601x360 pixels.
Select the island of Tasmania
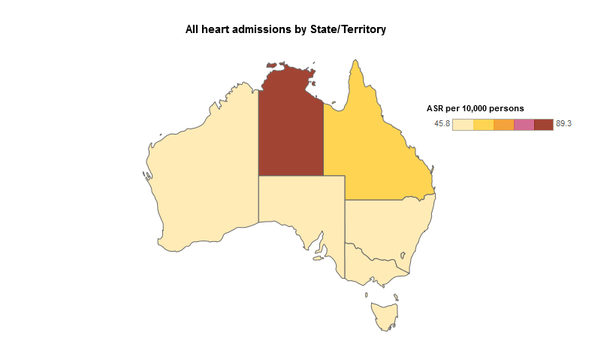point(384,315)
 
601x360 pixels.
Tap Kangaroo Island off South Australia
point(318,259)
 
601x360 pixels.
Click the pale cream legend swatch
point(463,124)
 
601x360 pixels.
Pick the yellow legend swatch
point(483,124)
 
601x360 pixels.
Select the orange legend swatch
point(503,124)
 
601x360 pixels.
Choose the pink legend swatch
point(524,124)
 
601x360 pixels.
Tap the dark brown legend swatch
point(543,124)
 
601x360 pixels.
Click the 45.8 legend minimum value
point(442,124)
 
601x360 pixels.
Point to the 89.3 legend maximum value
point(564,124)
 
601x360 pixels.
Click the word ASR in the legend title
point(435,108)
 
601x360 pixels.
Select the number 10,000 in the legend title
point(478,108)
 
